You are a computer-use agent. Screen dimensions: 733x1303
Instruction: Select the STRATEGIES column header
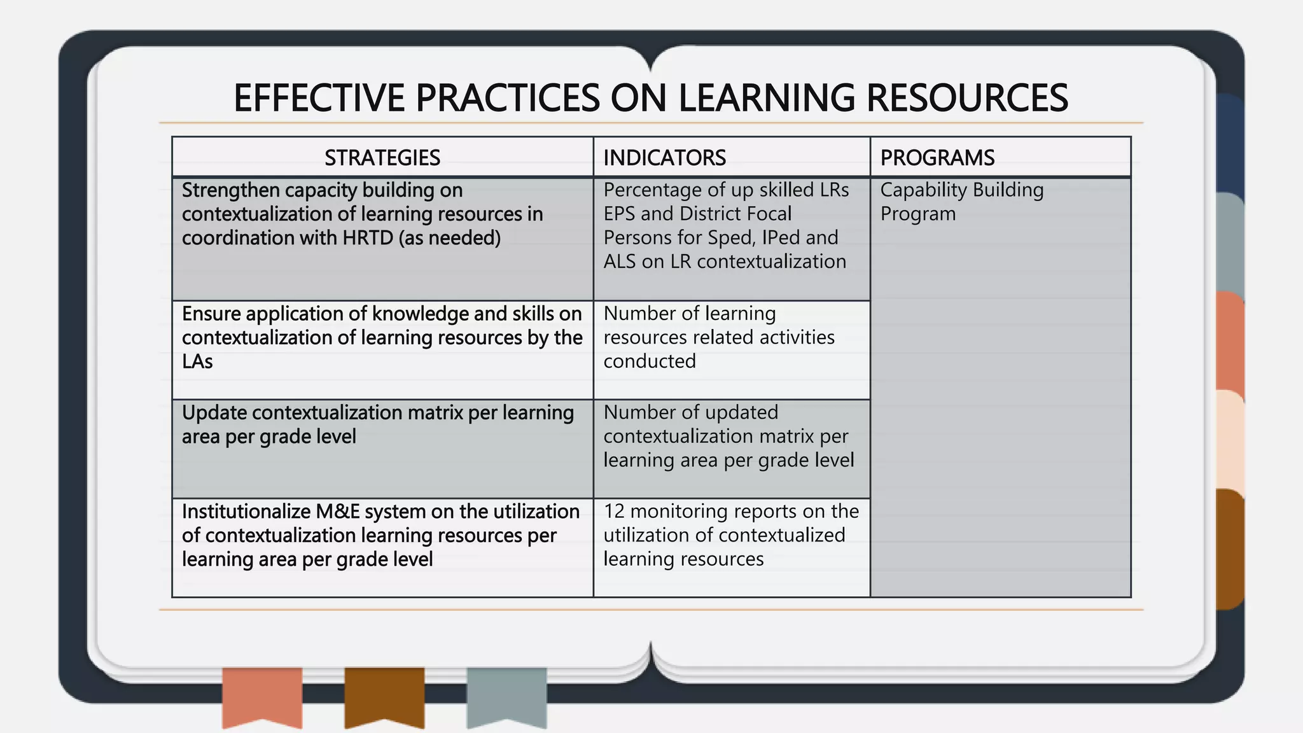coord(382,158)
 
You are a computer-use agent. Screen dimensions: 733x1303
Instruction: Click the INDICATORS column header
coord(664,158)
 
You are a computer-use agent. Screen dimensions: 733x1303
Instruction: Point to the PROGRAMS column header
coord(937,158)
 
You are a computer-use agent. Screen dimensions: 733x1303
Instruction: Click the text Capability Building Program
coord(961,202)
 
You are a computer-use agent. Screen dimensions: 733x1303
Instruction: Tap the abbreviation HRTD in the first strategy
coord(368,238)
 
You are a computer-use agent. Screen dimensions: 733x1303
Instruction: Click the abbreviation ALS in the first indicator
coord(620,262)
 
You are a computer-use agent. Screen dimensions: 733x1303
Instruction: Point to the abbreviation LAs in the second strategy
coord(197,361)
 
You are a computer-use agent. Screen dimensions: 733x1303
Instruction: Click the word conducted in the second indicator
coord(650,361)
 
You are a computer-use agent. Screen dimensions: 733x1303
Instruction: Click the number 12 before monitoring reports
coord(614,512)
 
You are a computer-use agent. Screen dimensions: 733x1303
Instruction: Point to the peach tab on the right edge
coord(1229,439)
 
